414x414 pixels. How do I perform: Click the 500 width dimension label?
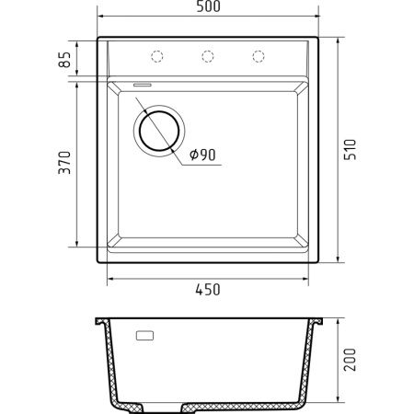tap(207, 8)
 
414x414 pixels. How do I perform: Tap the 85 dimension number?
tap(63, 61)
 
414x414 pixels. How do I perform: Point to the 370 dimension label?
tap(63, 165)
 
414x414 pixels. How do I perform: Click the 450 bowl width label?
tap(207, 290)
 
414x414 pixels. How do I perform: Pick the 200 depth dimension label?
tap(349, 362)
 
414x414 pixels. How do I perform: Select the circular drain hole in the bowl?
tap(160, 130)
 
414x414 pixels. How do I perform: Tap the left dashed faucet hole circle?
tap(156, 57)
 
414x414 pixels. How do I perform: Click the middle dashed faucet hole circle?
tap(207, 57)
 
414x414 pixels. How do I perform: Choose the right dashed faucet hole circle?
tap(258, 57)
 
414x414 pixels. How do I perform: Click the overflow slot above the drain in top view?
tap(144, 84)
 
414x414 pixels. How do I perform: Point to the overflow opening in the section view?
tap(145, 337)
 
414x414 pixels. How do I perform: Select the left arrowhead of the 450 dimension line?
tap(111, 278)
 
